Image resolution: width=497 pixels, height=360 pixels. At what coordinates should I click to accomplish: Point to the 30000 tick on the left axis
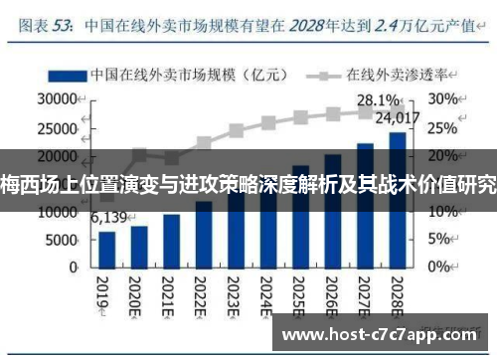60,100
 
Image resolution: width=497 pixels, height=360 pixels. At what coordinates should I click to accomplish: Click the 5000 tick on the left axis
65,240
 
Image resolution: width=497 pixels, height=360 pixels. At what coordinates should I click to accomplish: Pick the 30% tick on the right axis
442,100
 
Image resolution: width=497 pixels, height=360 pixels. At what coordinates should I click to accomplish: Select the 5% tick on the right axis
439,240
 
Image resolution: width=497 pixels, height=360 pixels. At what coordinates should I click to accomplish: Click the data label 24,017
402,117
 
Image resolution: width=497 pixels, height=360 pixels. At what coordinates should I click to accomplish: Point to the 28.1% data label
377,100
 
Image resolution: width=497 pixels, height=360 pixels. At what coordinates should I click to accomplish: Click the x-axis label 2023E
235,294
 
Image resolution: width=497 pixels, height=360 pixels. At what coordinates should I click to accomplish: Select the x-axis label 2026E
332,294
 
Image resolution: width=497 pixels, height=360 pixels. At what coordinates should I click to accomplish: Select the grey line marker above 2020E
139,155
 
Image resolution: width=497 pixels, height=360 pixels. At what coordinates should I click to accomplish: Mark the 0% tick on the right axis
439,268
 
